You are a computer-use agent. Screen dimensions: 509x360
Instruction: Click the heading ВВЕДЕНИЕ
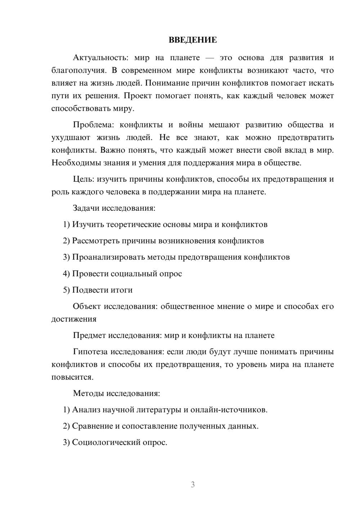click(x=193, y=40)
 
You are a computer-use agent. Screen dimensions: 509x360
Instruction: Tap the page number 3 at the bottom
click(x=193, y=485)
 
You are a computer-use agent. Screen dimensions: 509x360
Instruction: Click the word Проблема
click(x=93, y=125)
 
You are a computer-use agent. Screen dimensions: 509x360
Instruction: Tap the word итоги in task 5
click(x=121, y=290)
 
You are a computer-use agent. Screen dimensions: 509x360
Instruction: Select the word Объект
click(x=86, y=306)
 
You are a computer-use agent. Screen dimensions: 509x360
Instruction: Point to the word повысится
click(x=72, y=377)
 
